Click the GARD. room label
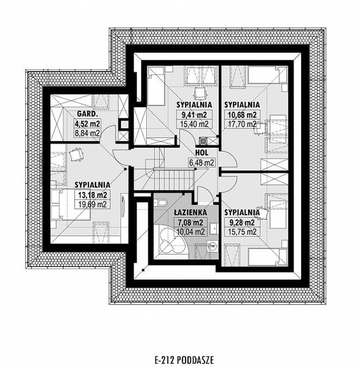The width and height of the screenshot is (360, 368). point(87,114)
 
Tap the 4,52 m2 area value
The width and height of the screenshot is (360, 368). point(87,123)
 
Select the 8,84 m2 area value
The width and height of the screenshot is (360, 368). point(87,134)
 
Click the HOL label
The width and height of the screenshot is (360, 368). point(202,153)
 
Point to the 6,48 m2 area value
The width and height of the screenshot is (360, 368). point(202,162)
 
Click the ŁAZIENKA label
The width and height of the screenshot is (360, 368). point(190,213)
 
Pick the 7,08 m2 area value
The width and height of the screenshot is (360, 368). point(190,222)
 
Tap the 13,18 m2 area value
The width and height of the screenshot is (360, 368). point(93,195)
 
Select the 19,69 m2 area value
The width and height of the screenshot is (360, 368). point(93,204)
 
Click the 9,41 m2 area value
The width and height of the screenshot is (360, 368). point(194,115)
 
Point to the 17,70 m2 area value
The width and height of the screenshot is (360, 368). point(242,124)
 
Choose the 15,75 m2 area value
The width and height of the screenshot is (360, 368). point(242,232)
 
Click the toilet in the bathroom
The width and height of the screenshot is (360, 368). point(161,202)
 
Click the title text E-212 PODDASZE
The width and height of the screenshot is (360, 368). point(184,360)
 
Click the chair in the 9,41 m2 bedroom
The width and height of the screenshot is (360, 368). point(200,94)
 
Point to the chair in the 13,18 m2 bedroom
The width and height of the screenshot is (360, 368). point(76,154)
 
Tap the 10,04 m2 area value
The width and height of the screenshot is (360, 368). point(190,232)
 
